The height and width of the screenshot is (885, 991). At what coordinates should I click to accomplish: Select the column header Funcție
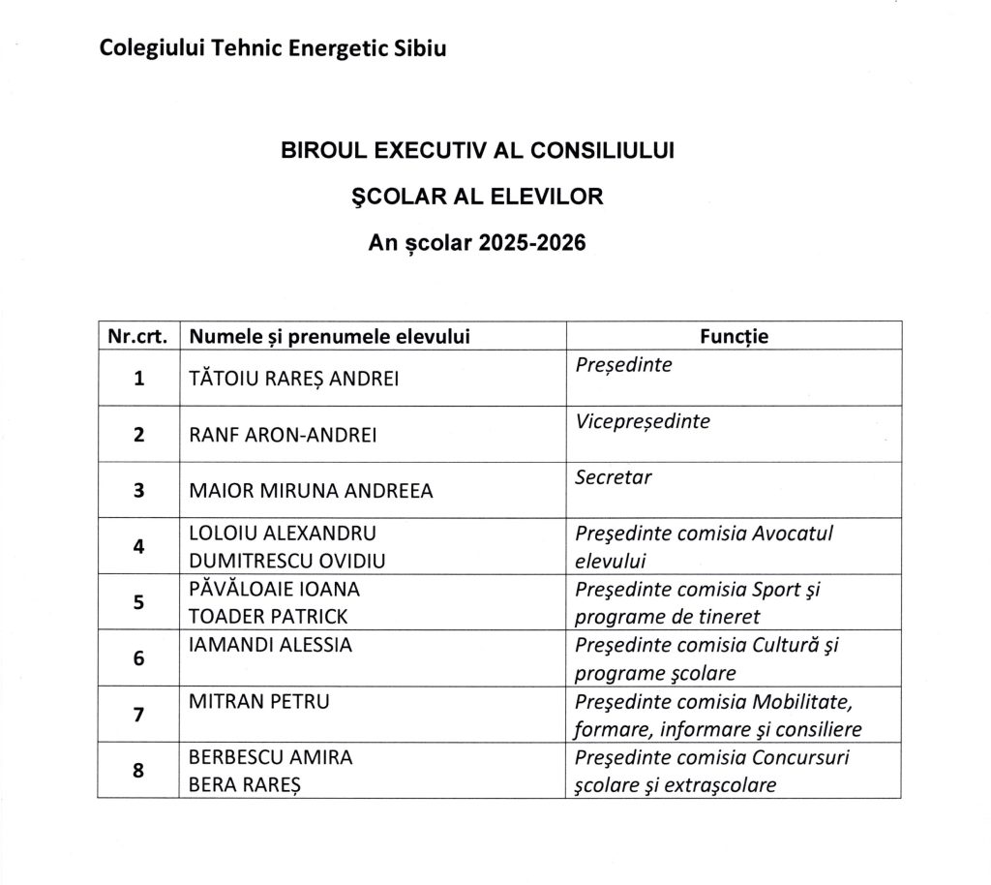pyautogui.click(x=734, y=336)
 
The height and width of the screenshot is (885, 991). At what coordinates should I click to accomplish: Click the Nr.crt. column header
pyautogui.click(x=138, y=336)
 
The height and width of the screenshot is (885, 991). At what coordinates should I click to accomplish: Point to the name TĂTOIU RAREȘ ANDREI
pyautogui.click(x=293, y=379)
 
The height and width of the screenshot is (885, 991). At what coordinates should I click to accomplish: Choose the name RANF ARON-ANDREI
pyautogui.click(x=283, y=435)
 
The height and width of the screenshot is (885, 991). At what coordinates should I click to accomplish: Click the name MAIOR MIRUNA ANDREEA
pyautogui.click(x=311, y=491)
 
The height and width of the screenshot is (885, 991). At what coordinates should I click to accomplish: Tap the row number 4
pyautogui.click(x=138, y=546)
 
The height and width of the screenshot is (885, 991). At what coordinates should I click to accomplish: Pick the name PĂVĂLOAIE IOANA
pyautogui.click(x=275, y=589)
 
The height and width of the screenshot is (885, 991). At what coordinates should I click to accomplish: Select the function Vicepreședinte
pyautogui.click(x=643, y=422)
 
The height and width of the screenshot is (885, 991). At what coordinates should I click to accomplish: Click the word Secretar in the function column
pyautogui.click(x=614, y=477)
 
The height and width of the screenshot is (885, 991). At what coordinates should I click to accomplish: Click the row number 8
pyautogui.click(x=138, y=772)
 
